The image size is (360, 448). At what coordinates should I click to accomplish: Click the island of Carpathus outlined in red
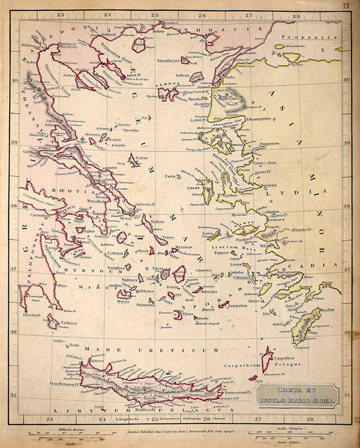[x=266, y=358]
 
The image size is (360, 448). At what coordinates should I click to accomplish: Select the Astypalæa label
[x=237, y=305]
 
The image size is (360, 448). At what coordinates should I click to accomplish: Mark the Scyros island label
[x=142, y=157]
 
